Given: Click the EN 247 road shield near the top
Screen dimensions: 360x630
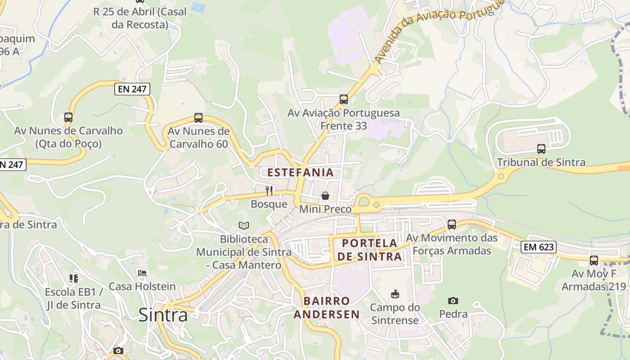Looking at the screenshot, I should click(132, 89).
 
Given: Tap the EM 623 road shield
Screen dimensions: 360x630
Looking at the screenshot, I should click(539, 247).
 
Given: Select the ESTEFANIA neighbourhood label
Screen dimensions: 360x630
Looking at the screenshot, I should click(301, 172).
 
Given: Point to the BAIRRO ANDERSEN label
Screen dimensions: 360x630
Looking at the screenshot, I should click(327, 307).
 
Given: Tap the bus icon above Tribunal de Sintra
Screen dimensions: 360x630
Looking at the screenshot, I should click(541, 149).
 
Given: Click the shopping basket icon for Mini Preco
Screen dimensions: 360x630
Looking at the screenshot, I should click(325, 196).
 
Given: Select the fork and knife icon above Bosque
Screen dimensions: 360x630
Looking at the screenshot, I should click(269, 191).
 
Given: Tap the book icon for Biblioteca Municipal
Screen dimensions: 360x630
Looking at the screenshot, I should click(244, 225).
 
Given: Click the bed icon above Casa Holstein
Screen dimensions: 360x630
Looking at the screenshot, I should click(142, 273).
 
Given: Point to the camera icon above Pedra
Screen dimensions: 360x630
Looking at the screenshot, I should click(453, 301).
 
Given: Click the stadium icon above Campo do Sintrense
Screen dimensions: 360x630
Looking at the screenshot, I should click(395, 294).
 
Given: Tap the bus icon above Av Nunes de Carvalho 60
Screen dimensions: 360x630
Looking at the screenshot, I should click(198, 118).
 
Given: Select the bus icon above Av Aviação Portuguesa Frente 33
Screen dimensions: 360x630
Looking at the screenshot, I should click(344, 99).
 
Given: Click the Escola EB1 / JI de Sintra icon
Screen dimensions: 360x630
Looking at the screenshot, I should click(74, 279).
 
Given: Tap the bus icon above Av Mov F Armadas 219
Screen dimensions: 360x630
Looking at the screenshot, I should click(594, 260).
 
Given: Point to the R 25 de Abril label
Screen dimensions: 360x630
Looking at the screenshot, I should click(139, 18).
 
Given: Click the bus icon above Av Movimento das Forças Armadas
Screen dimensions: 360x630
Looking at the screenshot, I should click(452, 224).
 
